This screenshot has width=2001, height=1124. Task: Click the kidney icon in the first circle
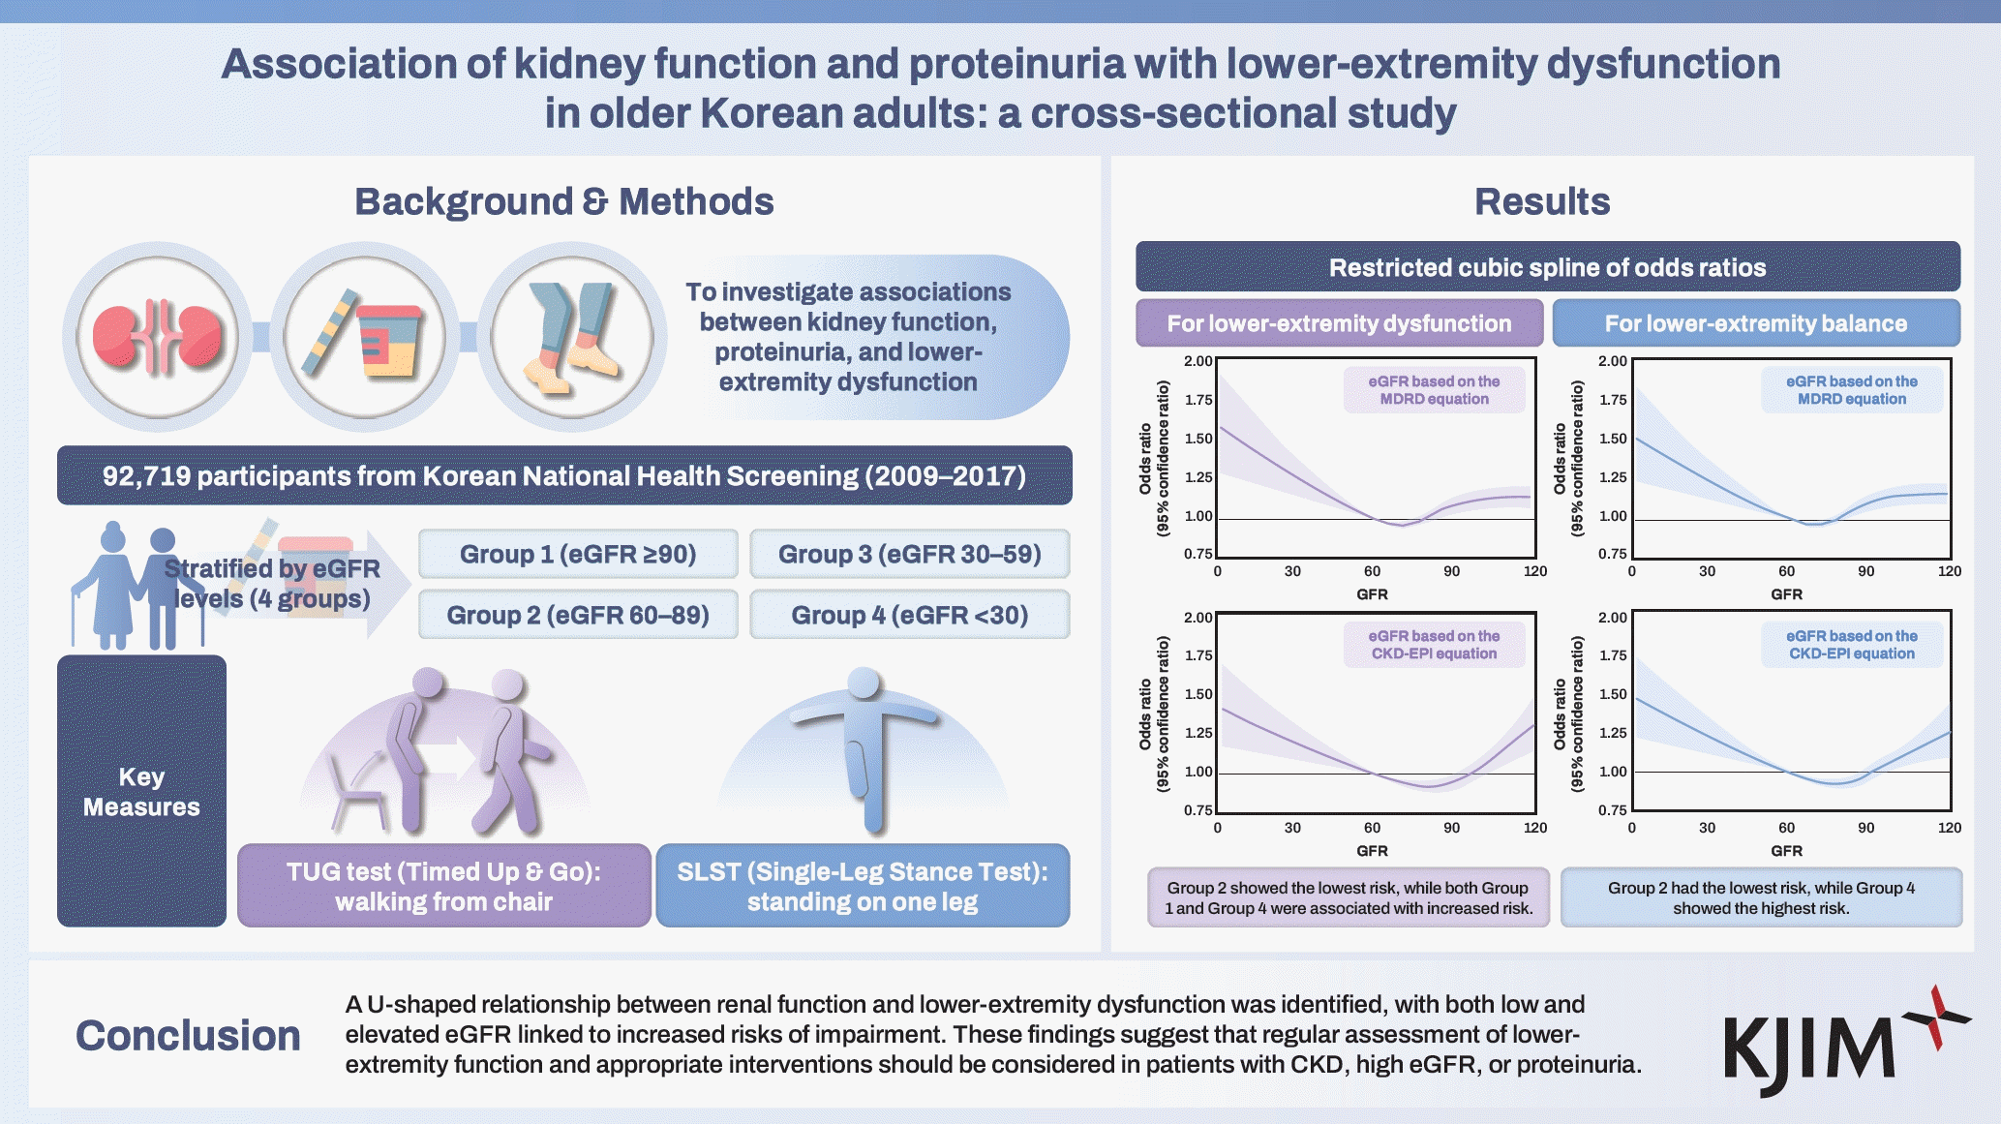point(158,336)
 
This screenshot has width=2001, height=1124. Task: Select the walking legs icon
point(573,336)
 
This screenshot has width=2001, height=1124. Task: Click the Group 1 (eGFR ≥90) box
point(578,554)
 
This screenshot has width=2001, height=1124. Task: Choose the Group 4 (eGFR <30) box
point(909,615)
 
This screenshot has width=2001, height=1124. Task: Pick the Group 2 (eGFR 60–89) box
point(578,615)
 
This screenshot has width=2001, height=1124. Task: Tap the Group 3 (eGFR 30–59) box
point(909,554)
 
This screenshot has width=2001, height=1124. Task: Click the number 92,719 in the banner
point(146,476)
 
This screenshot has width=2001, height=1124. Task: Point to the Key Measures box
point(141,791)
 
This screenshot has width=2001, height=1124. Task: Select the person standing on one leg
point(864,745)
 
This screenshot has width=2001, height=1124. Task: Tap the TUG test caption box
point(443,886)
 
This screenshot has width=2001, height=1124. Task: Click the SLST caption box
point(863,886)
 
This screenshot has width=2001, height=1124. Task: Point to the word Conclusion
point(188,1035)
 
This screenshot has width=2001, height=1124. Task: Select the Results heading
point(1541,201)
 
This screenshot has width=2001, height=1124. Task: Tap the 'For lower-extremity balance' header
point(1755,323)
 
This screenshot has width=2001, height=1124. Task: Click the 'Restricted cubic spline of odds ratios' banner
point(1547,267)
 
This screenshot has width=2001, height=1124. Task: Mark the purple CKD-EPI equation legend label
point(1434,645)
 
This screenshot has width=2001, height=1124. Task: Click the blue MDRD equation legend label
point(1851,390)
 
